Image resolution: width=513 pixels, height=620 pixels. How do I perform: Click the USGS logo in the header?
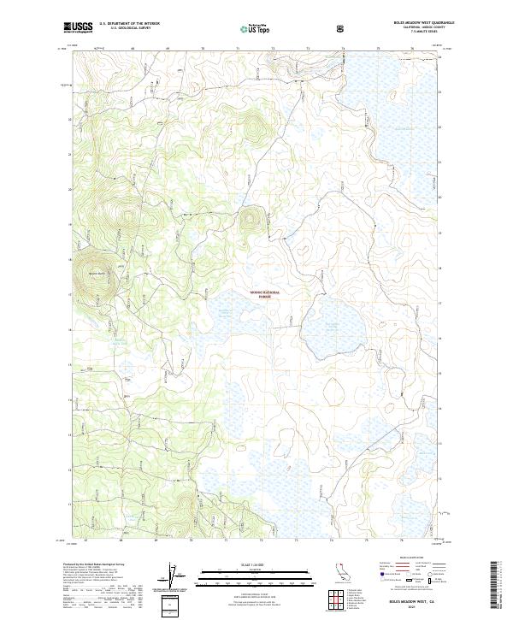[x=78, y=28]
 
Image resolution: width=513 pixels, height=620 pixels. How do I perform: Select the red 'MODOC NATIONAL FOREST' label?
[x=264, y=293]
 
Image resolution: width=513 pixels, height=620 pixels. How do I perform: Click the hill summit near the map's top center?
[x=252, y=128]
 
